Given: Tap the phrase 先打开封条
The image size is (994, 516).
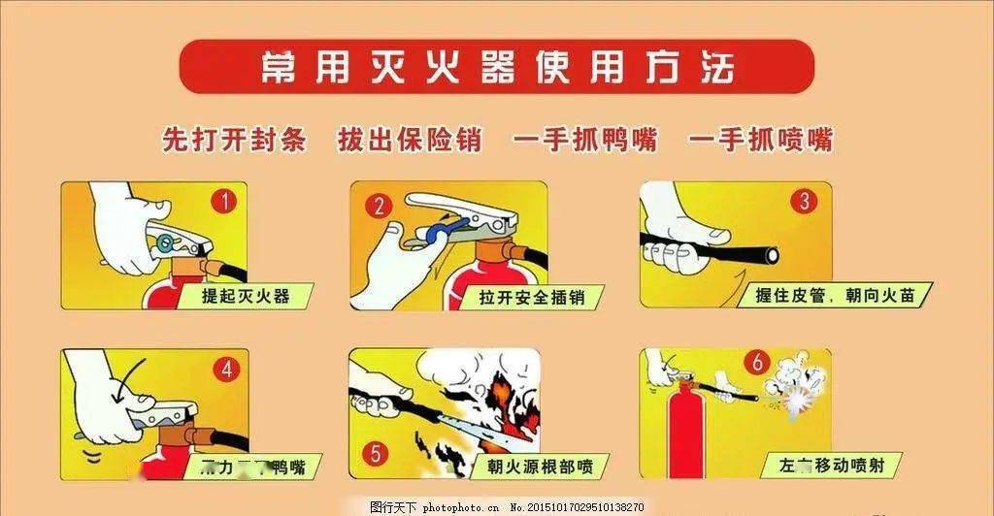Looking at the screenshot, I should pos(234,140).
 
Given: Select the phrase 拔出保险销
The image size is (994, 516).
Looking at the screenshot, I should pos(409,140).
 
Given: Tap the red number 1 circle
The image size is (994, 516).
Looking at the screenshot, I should pos(224,202).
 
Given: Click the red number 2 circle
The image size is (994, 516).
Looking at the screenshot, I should pos(379,206).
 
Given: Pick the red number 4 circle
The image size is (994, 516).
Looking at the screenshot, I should pos(226,369).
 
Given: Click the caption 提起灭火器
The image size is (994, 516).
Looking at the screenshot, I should pos(246,296).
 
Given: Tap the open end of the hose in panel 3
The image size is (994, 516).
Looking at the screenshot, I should pos(771,254).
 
